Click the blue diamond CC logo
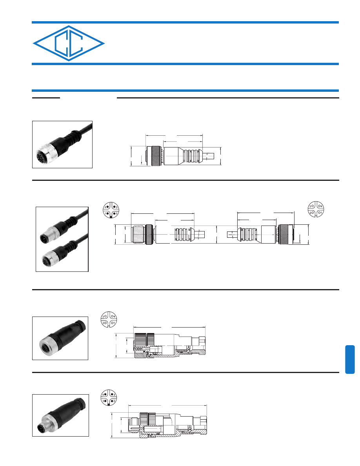click(69, 44)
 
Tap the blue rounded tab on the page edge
click(350, 359)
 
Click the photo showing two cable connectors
click(62, 239)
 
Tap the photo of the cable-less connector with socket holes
click(60, 338)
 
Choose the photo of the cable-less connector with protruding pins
click(60, 415)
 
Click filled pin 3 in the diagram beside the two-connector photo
click(115, 207)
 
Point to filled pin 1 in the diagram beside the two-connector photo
click(107, 213)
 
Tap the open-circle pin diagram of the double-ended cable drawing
click(316, 209)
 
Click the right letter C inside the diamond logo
click(76, 44)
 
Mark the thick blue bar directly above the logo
click(185, 22)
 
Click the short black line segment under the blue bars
click(46, 98)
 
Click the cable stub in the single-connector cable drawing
click(208, 156)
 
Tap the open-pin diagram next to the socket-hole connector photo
click(109, 319)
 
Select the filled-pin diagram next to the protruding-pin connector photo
click(109, 397)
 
